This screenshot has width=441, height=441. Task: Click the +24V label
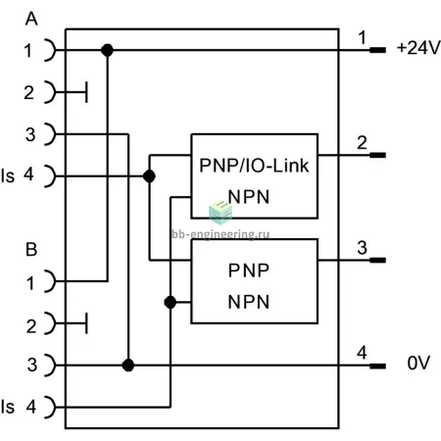click(x=418, y=48)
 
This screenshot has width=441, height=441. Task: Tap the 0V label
click(x=418, y=363)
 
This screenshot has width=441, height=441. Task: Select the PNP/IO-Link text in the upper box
click(x=254, y=166)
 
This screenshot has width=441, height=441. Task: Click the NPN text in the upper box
click(x=249, y=197)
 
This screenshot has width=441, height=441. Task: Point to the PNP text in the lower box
click(x=249, y=270)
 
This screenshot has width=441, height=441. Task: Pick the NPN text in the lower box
click(x=249, y=302)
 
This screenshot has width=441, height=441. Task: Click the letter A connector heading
click(x=31, y=19)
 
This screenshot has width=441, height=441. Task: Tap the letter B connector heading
click(x=31, y=250)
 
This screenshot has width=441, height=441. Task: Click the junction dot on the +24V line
click(x=107, y=50)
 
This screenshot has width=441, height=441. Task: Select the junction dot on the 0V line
click(x=128, y=366)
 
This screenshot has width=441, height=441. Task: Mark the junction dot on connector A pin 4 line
click(x=149, y=176)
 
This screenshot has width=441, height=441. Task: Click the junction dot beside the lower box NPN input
click(x=171, y=303)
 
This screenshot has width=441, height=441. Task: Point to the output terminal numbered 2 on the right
click(x=377, y=155)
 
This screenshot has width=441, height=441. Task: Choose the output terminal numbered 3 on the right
click(x=377, y=261)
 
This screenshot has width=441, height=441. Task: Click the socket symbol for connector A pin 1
click(x=50, y=50)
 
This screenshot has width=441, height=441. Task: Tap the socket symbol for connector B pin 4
click(x=50, y=408)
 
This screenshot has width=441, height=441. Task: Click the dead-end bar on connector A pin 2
click(x=86, y=92)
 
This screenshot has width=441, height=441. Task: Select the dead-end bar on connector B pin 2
click(x=86, y=323)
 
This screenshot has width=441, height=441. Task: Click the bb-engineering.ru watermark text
click(x=220, y=234)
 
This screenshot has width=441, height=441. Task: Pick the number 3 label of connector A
click(x=30, y=134)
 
